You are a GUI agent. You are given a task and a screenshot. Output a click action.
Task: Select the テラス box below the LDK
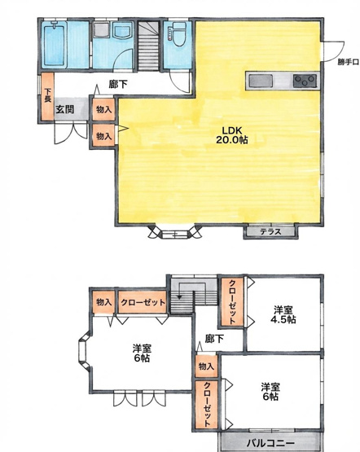tap(271, 232)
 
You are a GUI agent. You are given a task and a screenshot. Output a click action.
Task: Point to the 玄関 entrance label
tap(65, 108)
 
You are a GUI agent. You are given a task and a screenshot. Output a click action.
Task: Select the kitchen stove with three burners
tap(304, 80)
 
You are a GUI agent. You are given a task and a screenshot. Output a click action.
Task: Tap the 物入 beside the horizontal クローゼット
tap(103, 302)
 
